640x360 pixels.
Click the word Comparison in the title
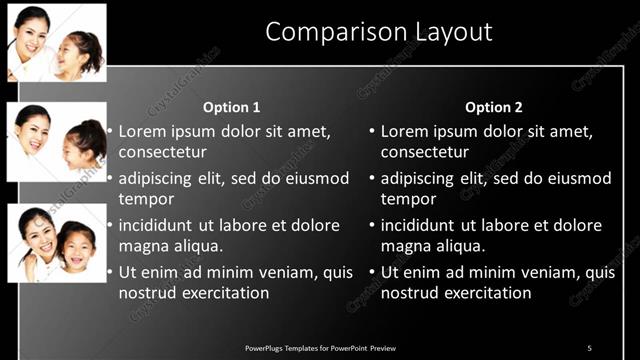(326, 32)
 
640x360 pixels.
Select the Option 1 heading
(231, 107)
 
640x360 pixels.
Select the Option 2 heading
(494, 107)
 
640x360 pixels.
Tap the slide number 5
(589, 347)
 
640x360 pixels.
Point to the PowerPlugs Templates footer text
(320, 347)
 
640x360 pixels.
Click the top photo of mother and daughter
(57, 42)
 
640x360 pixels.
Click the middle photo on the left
(57, 141)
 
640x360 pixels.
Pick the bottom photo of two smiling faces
(57, 242)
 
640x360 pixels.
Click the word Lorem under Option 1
(143, 131)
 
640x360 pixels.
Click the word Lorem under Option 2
(405, 131)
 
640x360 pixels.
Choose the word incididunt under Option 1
(160, 225)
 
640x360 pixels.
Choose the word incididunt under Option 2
(422, 225)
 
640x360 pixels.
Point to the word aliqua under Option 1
(196, 246)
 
